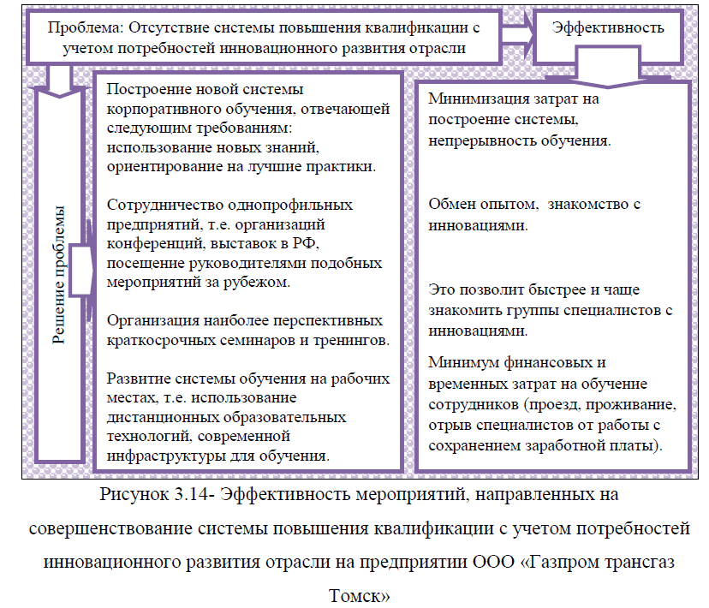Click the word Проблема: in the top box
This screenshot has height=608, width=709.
click(x=86, y=28)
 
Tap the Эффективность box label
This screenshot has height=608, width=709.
click(x=608, y=28)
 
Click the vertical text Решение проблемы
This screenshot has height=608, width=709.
click(x=58, y=275)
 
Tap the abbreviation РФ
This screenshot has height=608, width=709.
click(x=305, y=244)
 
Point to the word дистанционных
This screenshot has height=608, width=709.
click(x=162, y=417)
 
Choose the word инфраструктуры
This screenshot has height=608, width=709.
click(x=166, y=456)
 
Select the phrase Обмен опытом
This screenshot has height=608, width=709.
click(x=483, y=205)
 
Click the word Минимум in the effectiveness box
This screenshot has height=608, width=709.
click(x=464, y=362)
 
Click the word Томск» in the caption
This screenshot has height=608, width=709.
click(x=359, y=596)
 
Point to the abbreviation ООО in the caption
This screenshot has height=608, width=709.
click(x=494, y=562)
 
